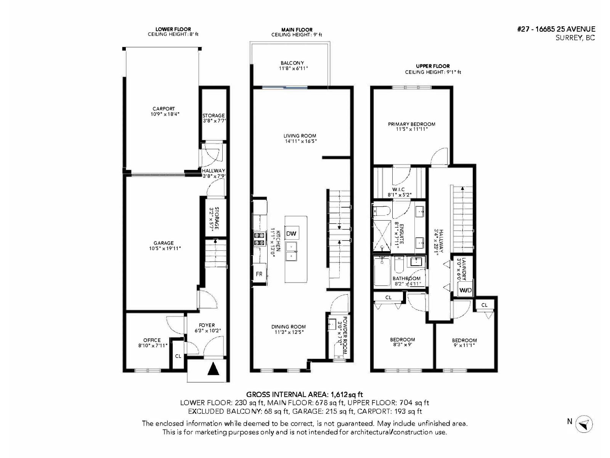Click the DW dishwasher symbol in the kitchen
tap(291, 234)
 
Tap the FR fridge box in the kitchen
tap(259, 274)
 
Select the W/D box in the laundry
tap(466, 290)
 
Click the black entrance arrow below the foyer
tap(214, 369)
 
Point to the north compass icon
tap(584, 424)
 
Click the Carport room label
tap(164, 109)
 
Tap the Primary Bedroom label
tap(411, 124)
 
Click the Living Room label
tap(300, 135)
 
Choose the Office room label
tap(152, 340)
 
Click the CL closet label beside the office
tap(178, 356)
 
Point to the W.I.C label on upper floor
tap(398, 189)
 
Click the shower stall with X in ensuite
tap(382, 236)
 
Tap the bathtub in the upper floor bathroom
tap(382, 271)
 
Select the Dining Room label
tap(289, 327)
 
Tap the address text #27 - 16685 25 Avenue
tap(556, 29)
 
